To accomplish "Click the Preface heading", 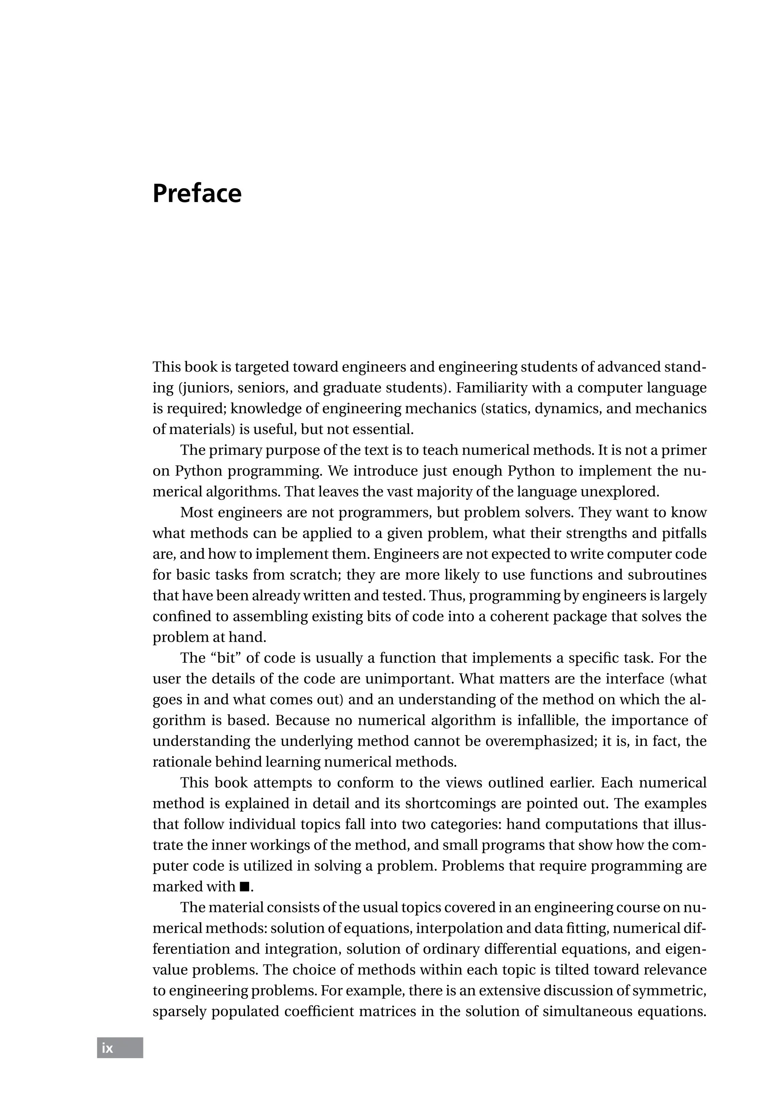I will click(x=197, y=194).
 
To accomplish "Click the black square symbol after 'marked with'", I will click(x=244, y=887).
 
